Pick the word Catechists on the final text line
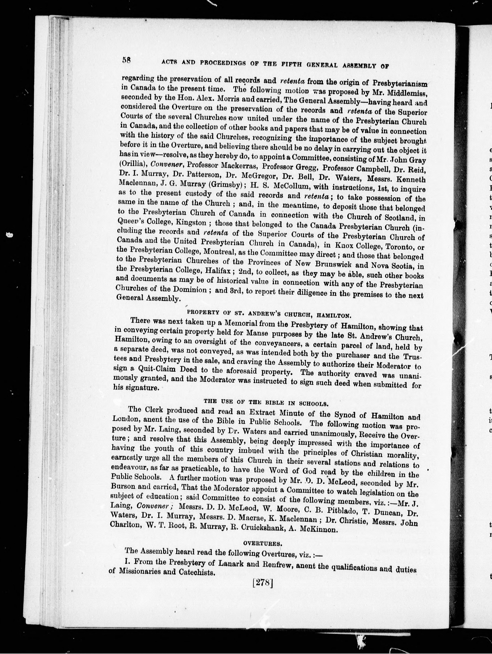[197, 572]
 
